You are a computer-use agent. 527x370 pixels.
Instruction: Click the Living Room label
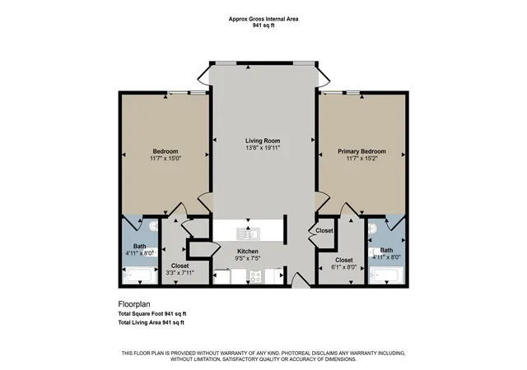click(263, 141)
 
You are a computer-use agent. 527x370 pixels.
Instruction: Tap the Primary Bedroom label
click(361, 151)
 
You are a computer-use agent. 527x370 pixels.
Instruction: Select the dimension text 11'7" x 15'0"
click(166, 158)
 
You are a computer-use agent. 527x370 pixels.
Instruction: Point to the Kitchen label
click(248, 251)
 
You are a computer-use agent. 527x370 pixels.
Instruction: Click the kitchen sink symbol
click(248, 234)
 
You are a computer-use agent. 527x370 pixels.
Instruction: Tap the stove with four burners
click(255, 276)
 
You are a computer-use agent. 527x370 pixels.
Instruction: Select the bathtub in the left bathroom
click(140, 275)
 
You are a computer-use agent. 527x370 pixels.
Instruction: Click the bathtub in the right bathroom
click(386, 275)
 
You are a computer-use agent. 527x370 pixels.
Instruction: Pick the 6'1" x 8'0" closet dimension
click(343, 268)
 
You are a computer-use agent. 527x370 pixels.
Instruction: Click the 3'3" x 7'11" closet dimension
click(180, 273)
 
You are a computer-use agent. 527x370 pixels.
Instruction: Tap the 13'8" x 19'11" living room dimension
click(263, 148)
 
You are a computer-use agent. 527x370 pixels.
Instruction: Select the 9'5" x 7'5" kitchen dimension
click(248, 258)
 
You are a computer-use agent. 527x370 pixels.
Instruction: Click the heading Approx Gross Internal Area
click(263, 19)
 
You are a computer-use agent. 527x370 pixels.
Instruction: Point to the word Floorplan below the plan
click(134, 304)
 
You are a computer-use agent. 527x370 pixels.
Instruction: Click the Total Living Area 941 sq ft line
click(152, 322)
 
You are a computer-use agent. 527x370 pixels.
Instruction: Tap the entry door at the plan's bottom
click(300, 280)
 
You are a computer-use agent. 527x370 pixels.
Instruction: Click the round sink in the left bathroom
click(154, 226)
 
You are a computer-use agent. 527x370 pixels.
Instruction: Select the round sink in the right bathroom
click(373, 229)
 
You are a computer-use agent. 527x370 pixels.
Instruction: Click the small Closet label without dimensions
click(324, 231)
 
